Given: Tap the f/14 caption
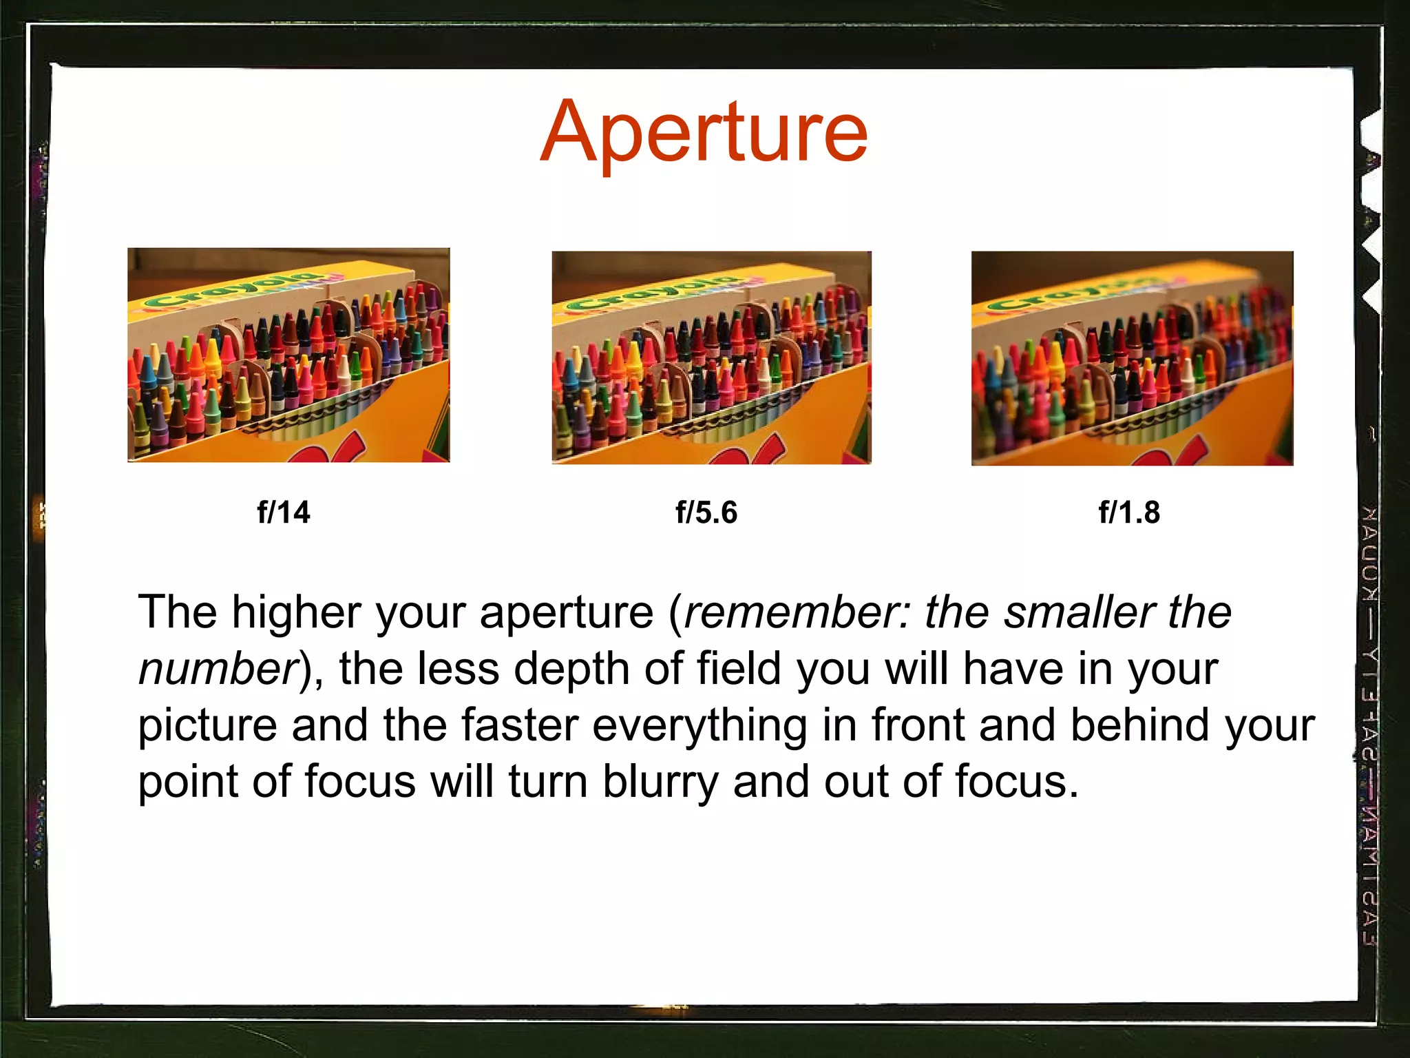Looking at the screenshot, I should point(283,512).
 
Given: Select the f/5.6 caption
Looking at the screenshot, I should point(706,512).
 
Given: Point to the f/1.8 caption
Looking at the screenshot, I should point(1129,512).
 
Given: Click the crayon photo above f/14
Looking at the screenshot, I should point(288,355).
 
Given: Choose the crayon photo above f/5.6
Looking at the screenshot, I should point(711,357).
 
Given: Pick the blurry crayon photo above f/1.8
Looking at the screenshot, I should point(1132,358).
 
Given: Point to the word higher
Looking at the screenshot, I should point(297,612).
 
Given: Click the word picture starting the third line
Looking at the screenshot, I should point(207,726).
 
